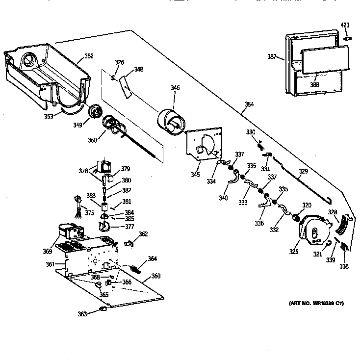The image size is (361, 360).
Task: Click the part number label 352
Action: click(89, 56)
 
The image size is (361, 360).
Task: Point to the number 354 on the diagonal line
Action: click(251, 104)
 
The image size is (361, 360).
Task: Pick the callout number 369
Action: click(47, 252)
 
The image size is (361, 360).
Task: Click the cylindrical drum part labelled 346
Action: click(171, 120)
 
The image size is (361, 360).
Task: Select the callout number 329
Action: click(304, 172)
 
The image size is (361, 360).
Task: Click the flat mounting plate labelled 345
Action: click(203, 144)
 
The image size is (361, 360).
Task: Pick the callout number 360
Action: click(155, 276)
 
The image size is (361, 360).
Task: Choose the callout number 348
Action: click(139, 69)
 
